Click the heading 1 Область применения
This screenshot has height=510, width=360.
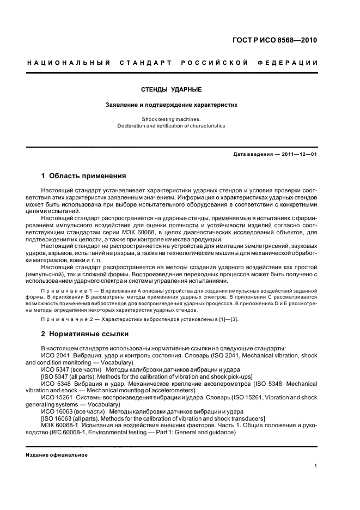[84, 176]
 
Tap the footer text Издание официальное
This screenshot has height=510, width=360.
[57, 454]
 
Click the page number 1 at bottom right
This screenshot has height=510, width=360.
[316, 466]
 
